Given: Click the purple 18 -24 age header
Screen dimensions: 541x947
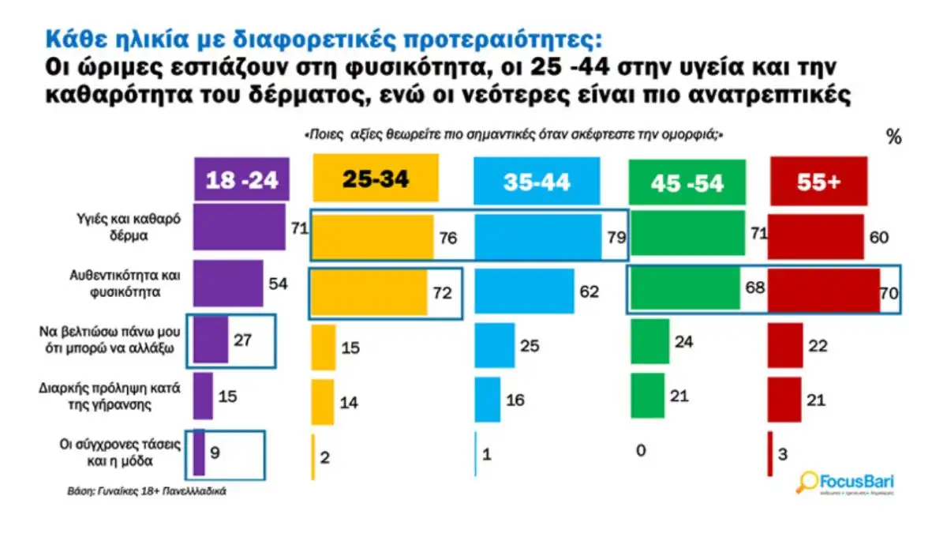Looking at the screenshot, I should tap(242, 179).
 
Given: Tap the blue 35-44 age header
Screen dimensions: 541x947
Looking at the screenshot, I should tap(536, 181).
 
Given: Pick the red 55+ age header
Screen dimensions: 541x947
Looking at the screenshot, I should tap(818, 181).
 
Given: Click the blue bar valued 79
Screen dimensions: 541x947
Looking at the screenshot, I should tap(537, 235).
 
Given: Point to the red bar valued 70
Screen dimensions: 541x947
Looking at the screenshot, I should tap(823, 291).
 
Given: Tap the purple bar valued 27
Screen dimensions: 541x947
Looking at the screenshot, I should tap(211, 340).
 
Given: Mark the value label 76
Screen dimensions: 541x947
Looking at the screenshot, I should tap(447, 239).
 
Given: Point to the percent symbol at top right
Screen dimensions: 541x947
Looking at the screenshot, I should tap(893, 137).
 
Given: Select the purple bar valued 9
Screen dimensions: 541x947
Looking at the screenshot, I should tap(199, 452).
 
